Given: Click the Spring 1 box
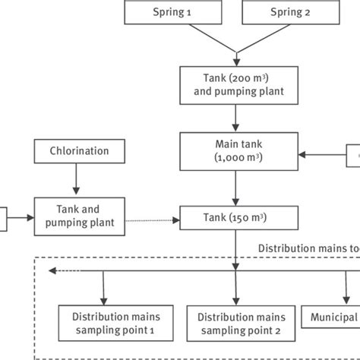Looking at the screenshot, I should pyautogui.click(x=170, y=13).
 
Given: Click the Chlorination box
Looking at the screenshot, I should pyautogui.click(x=74, y=150).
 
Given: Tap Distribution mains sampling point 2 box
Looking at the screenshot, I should pyautogui.click(x=240, y=323).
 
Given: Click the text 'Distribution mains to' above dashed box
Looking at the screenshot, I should pyautogui.click(x=308, y=248).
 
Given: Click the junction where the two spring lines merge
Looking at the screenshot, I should pyautogui.click(x=237, y=53).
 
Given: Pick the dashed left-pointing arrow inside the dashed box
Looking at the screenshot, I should pyautogui.click(x=65, y=270).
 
